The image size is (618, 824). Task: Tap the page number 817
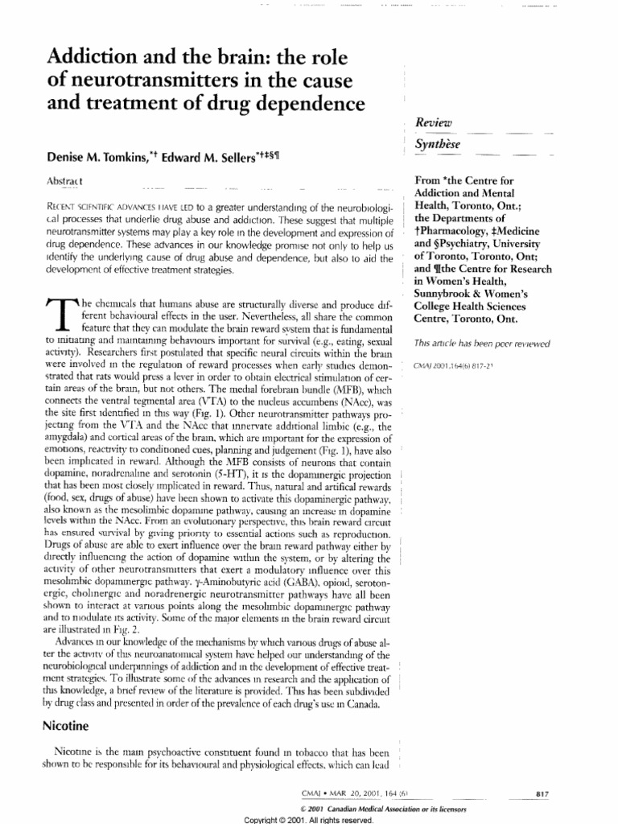click(542, 793)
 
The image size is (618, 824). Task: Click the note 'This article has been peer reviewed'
click(480, 344)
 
